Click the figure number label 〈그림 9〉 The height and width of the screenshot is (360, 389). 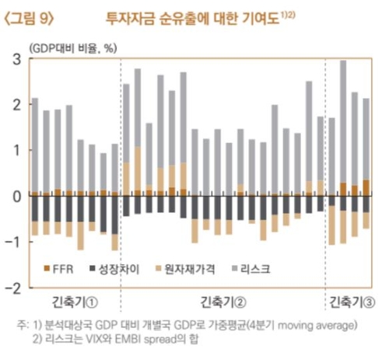[31, 15]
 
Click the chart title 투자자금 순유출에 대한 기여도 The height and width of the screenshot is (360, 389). [201, 15]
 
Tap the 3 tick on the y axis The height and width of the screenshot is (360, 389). [16, 59]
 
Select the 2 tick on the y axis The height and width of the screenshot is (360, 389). [16, 104]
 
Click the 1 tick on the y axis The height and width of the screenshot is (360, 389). [16, 150]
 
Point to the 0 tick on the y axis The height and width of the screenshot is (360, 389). [16, 196]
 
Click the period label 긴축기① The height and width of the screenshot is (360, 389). [75, 302]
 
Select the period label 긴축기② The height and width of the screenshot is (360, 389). [223, 302]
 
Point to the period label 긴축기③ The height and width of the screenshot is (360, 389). [352, 302]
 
